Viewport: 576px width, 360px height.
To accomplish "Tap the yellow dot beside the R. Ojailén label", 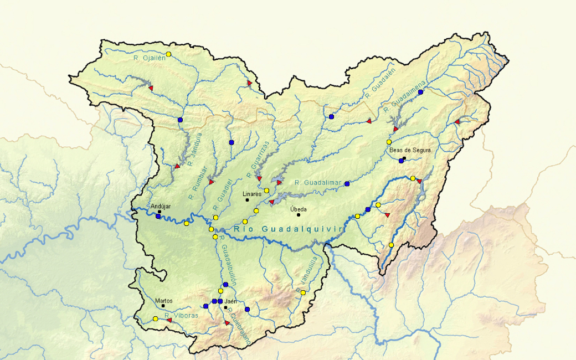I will (x=169, y=54).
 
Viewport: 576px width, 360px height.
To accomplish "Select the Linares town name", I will (x=252, y=194).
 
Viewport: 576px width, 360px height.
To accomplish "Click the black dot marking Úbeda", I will (x=298, y=215).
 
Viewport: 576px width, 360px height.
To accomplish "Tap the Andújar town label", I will (x=161, y=207).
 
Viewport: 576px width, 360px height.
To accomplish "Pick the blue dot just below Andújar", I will (x=158, y=216).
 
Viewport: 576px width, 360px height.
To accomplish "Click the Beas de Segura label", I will (x=410, y=150).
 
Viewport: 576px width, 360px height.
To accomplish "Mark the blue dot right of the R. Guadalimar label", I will (x=347, y=183).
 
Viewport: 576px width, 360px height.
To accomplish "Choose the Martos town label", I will (x=164, y=301).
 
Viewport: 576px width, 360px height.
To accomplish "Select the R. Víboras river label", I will (x=182, y=315).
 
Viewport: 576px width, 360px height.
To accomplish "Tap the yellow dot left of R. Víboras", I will (x=156, y=318).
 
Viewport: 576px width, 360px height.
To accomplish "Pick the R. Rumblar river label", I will (x=198, y=182).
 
